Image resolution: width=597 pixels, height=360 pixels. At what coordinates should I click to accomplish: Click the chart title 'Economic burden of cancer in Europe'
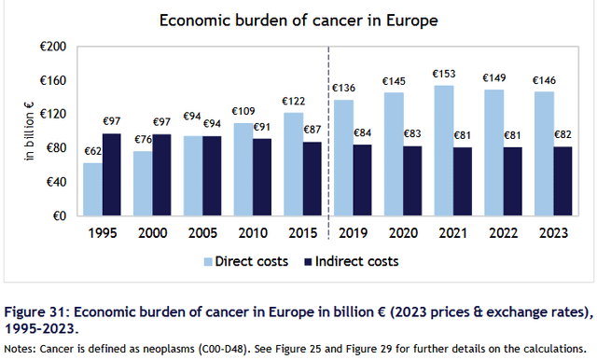point(298,21)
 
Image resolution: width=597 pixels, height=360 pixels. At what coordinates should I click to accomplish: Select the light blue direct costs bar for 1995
point(93,189)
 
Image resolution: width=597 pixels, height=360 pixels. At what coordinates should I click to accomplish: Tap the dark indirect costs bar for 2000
point(161,175)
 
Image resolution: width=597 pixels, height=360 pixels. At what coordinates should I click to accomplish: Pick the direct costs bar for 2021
point(444,151)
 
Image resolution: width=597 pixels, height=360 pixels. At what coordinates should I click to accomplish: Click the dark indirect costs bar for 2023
point(562,182)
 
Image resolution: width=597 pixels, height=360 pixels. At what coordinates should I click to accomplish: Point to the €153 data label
point(444,74)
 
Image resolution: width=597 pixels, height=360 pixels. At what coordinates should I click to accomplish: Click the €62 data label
point(93,151)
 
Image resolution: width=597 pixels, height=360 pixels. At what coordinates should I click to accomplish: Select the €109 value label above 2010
point(243,112)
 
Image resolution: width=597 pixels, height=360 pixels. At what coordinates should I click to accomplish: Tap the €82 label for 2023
point(562,134)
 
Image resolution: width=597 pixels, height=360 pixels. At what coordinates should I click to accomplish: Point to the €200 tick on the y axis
point(53,47)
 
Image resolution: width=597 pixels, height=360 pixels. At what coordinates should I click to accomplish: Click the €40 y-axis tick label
point(56,182)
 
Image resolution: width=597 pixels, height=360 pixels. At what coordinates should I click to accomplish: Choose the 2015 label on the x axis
point(302,233)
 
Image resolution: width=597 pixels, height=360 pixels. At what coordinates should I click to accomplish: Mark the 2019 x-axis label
point(353,233)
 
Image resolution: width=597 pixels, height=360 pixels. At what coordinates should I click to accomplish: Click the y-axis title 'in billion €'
point(29,132)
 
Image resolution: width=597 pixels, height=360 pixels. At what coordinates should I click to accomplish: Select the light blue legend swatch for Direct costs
point(208,262)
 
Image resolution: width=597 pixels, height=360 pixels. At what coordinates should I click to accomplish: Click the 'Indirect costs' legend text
point(356,262)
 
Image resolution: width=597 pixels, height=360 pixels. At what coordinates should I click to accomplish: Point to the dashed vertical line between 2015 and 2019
point(328,143)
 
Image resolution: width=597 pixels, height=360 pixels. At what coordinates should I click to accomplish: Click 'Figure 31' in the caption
point(35,312)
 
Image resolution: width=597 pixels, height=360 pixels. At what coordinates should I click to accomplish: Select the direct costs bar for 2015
point(294,164)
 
